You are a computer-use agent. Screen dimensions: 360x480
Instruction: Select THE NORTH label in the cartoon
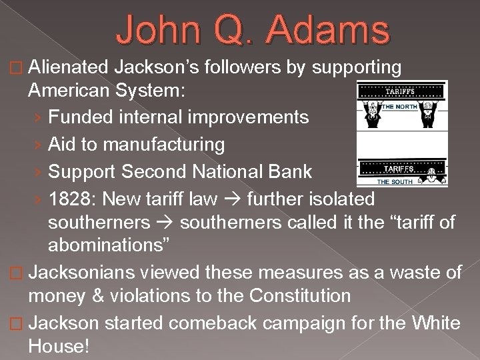[399, 107]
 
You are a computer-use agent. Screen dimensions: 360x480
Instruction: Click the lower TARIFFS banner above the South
[400, 169]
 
